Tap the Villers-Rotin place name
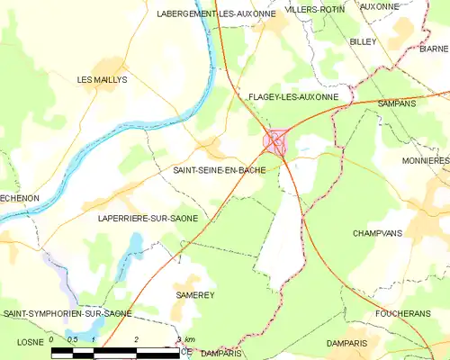coord(314,8)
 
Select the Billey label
coord(363,42)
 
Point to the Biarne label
coord(434,49)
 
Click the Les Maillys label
coord(103,80)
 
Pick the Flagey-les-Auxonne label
coord(292,96)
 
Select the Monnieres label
coord(426,160)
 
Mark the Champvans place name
coord(376,232)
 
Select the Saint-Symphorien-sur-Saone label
coord(67,313)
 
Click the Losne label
coord(30,343)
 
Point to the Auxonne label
coord(379,6)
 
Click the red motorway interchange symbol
coord(275,141)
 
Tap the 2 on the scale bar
coord(136,339)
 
